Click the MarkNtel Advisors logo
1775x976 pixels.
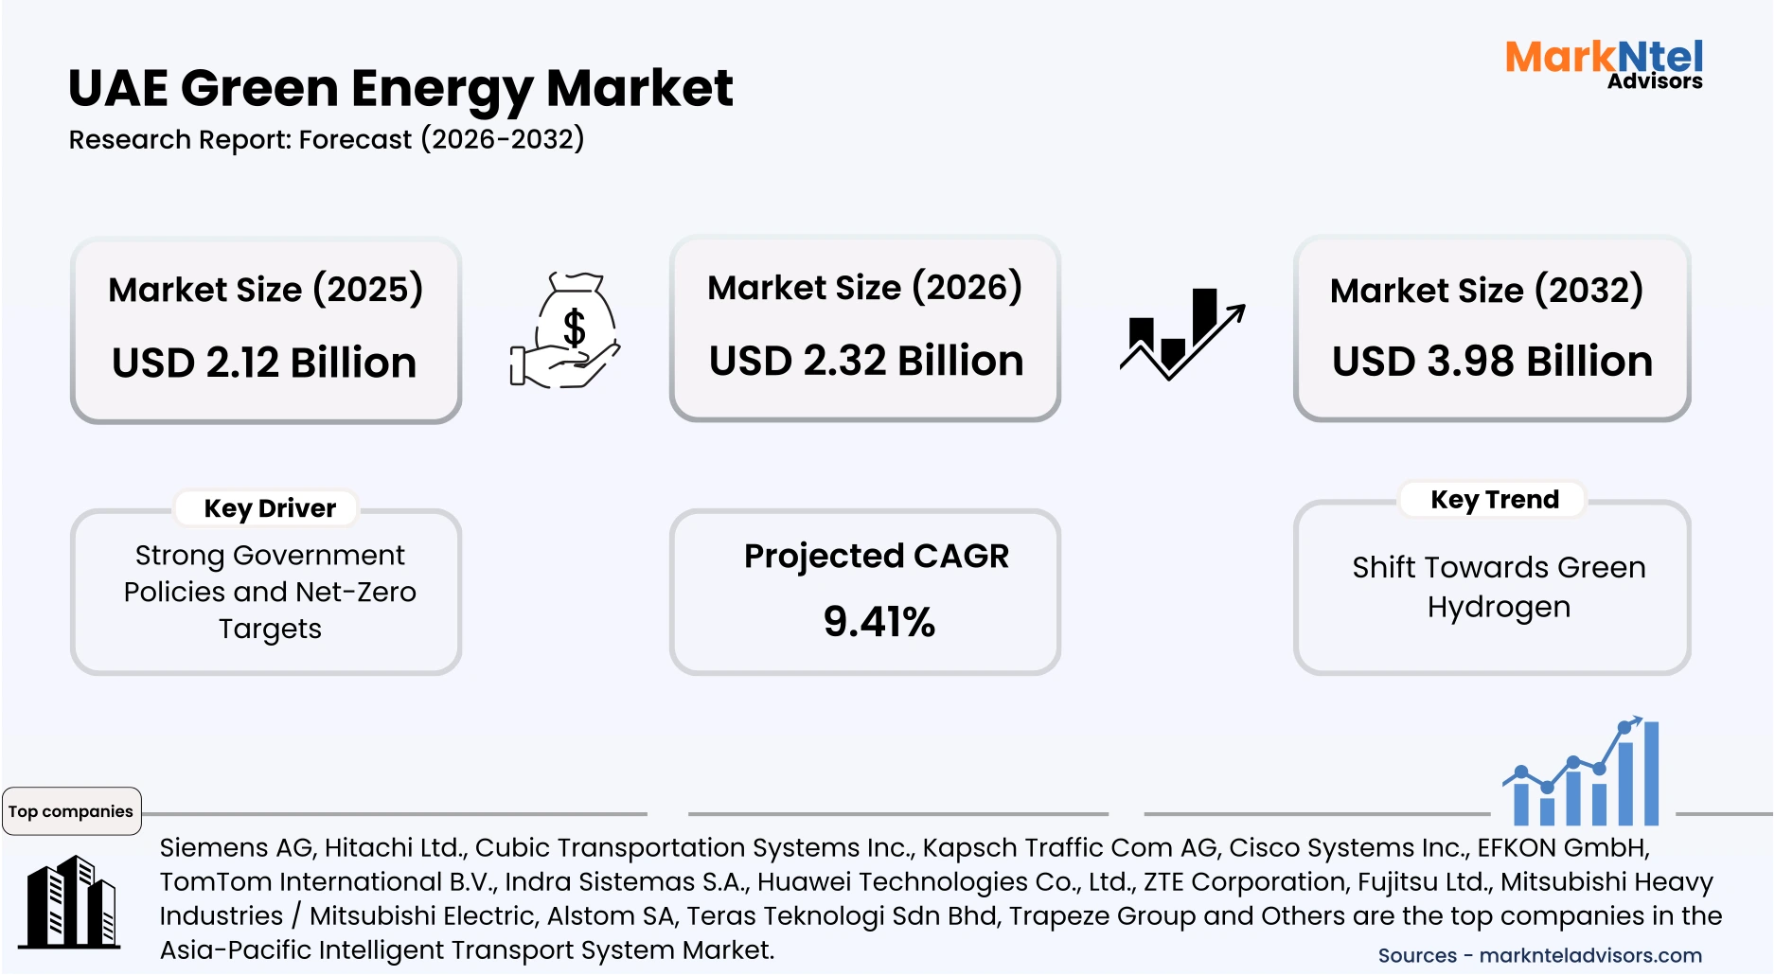coord(1604,64)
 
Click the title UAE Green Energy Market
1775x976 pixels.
coord(400,89)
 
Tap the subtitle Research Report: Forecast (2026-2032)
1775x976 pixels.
coord(327,140)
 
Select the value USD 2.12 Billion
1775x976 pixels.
coord(264,364)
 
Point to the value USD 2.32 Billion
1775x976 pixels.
coord(866,362)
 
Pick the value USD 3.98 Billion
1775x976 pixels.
coord(1492,362)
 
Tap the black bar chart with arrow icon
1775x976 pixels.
coord(1182,333)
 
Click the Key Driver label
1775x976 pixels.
coord(270,508)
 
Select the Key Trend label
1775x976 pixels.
coord(1494,500)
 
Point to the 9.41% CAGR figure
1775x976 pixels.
coord(879,622)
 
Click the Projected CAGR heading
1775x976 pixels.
coord(876,556)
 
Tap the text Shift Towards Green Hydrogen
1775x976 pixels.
coord(1499,587)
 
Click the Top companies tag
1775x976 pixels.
coord(71,811)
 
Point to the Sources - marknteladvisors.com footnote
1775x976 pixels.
coord(1539,956)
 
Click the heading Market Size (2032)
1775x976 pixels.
coord(1486,290)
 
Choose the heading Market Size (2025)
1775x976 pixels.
coord(265,290)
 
